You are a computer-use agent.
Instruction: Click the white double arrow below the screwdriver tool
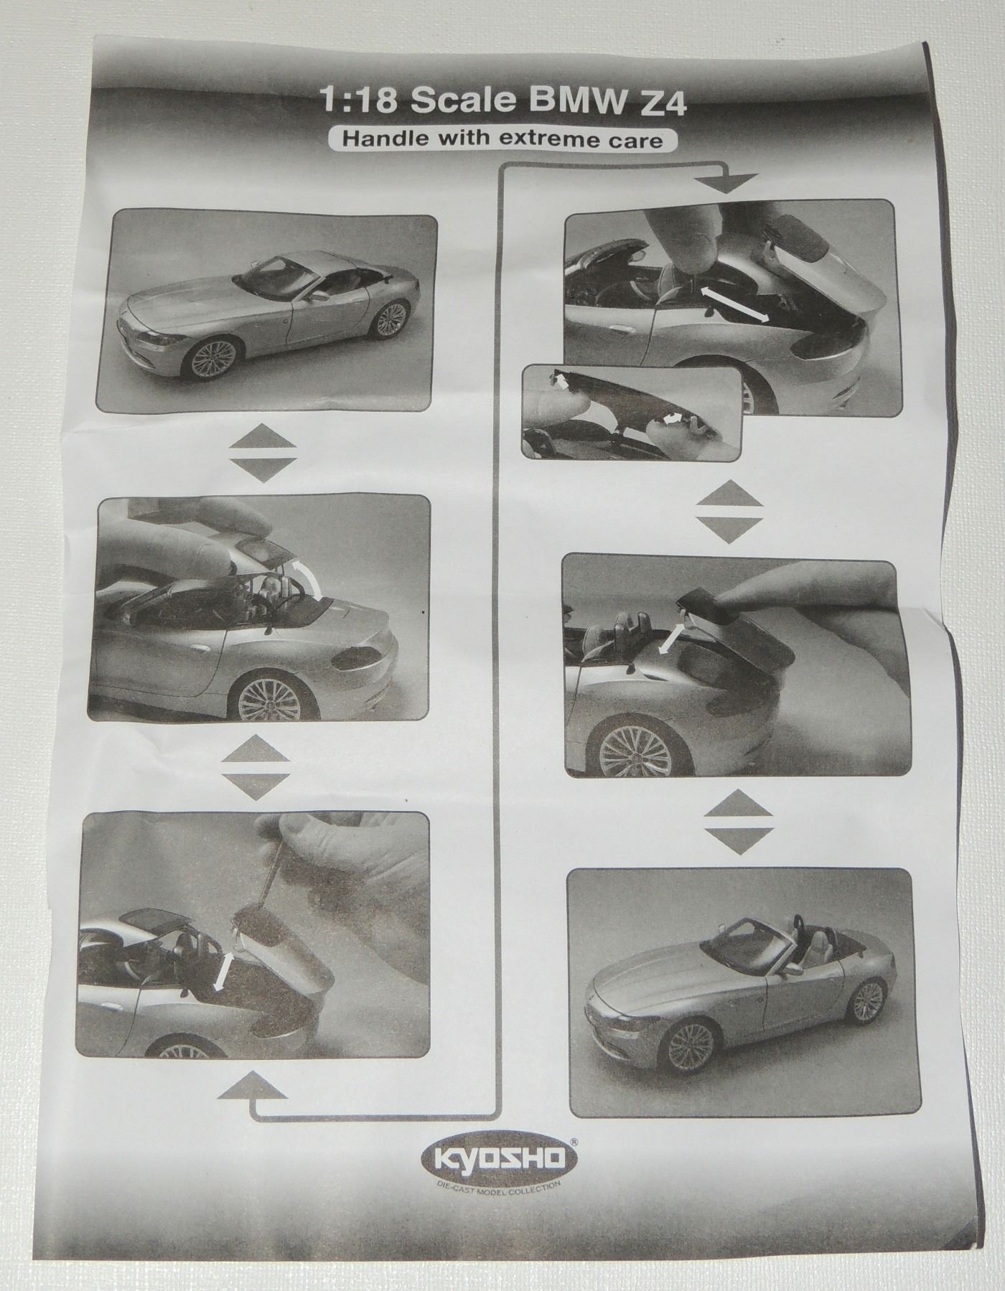point(223,970)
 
